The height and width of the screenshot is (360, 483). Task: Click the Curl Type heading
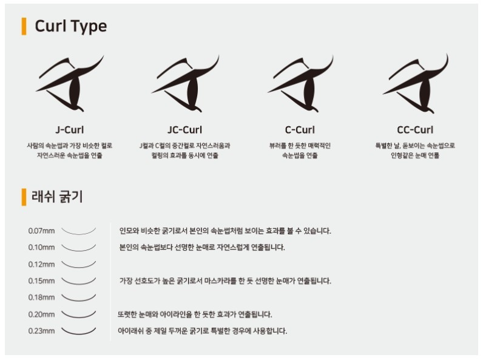[71, 26]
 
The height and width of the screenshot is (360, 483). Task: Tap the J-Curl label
[70, 130]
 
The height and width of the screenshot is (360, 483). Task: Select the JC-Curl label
[185, 130]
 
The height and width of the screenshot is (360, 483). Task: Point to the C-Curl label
[300, 130]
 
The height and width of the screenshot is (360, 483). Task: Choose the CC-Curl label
[415, 130]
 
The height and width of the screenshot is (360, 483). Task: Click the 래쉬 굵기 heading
[57, 197]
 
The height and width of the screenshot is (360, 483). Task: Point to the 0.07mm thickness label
[42, 231]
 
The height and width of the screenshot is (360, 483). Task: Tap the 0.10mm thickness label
[42, 248]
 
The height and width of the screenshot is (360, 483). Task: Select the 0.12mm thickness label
[42, 265]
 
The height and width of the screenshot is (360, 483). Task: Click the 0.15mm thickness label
[42, 281]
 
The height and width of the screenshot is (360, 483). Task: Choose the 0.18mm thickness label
[42, 297]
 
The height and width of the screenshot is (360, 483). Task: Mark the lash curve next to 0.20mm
[79, 317]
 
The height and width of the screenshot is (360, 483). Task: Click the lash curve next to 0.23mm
[79, 334]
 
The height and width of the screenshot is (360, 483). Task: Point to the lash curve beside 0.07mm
[79, 234]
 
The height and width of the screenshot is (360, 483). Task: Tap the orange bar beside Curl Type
[24, 27]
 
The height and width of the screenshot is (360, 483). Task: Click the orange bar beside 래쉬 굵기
[24, 197]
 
